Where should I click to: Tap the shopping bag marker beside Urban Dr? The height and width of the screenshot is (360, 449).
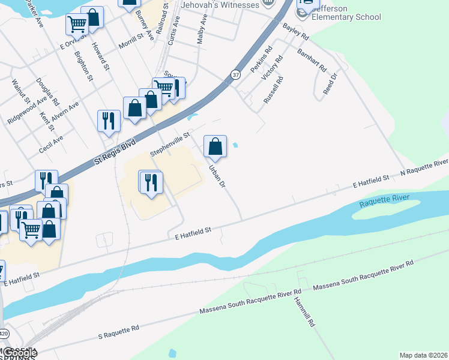(x=215, y=146)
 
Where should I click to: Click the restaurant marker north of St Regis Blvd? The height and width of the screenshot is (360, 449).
(x=109, y=120)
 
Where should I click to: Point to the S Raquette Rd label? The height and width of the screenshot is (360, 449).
(x=119, y=331)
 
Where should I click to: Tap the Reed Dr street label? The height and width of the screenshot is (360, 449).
(x=330, y=83)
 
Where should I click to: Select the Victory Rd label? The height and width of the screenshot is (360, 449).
(x=276, y=70)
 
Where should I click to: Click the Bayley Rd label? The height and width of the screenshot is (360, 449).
(x=295, y=32)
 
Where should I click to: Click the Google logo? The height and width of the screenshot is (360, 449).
(x=19, y=353)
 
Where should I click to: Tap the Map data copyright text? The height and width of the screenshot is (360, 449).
(x=424, y=355)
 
